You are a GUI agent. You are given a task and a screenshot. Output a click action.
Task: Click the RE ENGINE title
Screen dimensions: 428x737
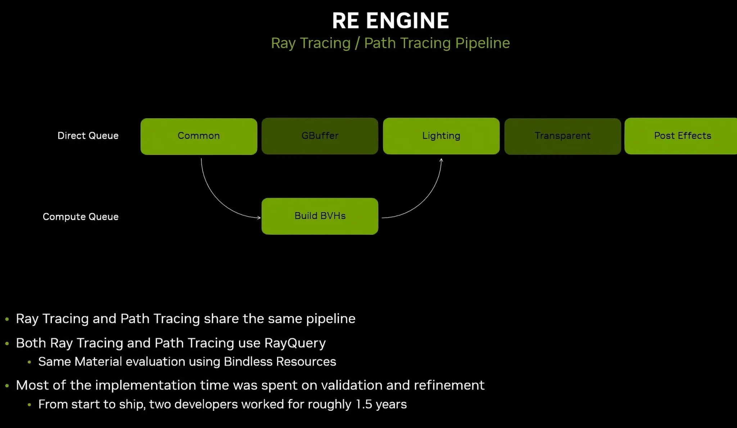pos(390,21)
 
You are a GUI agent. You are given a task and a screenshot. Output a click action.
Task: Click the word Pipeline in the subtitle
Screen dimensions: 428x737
pos(482,43)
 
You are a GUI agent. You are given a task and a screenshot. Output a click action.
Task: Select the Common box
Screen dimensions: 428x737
pos(199,136)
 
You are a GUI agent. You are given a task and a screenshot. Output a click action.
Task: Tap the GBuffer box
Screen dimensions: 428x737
pos(320,136)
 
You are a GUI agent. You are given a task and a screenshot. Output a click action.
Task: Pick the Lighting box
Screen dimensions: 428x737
pos(441,136)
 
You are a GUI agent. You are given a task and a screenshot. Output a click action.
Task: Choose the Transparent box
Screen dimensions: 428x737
pos(562,136)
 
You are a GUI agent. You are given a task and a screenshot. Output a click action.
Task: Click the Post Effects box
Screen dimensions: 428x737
pos(682,136)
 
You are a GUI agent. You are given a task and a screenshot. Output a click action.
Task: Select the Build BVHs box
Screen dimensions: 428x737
pos(320,216)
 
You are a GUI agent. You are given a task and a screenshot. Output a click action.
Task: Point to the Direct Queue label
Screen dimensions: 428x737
pos(88,136)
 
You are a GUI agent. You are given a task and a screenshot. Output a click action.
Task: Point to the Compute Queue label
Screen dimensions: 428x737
pos(81,217)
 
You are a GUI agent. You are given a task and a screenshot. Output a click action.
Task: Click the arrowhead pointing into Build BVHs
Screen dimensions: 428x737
pos(259,217)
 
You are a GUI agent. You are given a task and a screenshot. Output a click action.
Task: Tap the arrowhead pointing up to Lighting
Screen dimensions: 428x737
pos(441,160)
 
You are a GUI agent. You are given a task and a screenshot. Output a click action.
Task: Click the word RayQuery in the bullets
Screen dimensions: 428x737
pos(295,343)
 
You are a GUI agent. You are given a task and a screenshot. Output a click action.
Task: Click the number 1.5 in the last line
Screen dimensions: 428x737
pos(363,404)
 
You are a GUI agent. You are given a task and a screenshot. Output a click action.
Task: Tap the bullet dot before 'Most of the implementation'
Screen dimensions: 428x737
pos(7,386)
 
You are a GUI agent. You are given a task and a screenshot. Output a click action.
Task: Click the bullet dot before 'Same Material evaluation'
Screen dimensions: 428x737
pos(30,362)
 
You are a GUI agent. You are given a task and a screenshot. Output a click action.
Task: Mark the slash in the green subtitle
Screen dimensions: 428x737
pos(357,43)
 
